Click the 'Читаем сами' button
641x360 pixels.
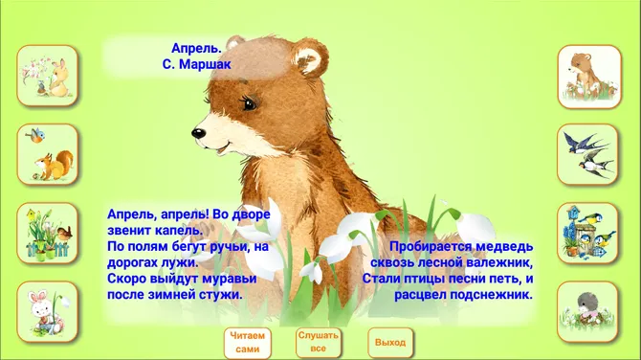pyautogui.click(x=247, y=343)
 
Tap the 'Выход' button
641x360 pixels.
pyautogui.click(x=390, y=343)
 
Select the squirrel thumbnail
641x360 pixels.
pyautogui.click(x=49, y=154)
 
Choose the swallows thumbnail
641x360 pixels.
pyautogui.click(x=587, y=154)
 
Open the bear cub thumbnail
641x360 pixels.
pyautogui.click(x=587, y=76)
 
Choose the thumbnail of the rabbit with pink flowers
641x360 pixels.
pyautogui.click(x=49, y=76)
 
